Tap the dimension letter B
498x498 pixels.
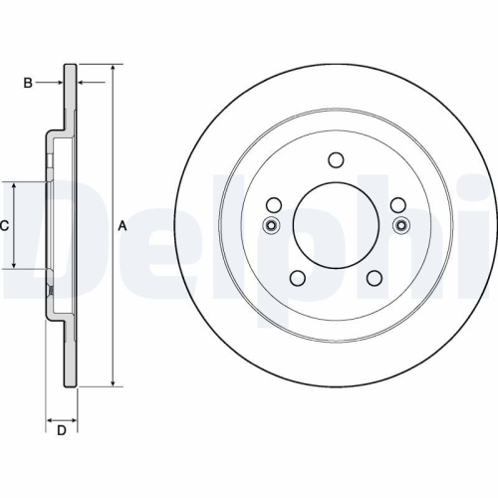(28, 82)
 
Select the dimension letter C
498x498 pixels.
(5, 226)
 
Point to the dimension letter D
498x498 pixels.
(61, 430)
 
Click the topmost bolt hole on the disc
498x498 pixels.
(335, 160)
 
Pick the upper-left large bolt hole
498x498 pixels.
(272, 205)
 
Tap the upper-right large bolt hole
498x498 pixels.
(397, 205)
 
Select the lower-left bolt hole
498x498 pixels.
(296, 279)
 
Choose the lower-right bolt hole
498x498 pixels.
(373, 279)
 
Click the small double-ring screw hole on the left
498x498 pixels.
(271, 226)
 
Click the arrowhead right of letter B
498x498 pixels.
(59, 82)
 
